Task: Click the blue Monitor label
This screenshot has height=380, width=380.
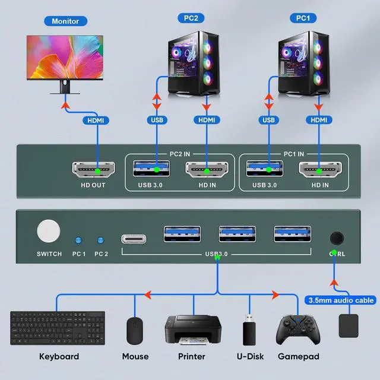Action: point(65,21)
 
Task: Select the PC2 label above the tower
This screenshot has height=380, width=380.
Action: point(191,18)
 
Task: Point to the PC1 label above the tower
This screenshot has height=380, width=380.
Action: point(303,18)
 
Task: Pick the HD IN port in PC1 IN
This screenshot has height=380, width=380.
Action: point(319,170)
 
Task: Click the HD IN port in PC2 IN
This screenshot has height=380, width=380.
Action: point(207,170)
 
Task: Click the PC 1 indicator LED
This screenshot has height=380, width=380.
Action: point(77,240)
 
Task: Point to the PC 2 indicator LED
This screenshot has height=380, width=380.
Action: point(100,240)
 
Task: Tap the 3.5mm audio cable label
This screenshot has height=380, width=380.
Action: point(341,300)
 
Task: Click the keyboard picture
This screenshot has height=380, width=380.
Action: point(58,328)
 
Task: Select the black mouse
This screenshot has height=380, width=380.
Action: point(135,330)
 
